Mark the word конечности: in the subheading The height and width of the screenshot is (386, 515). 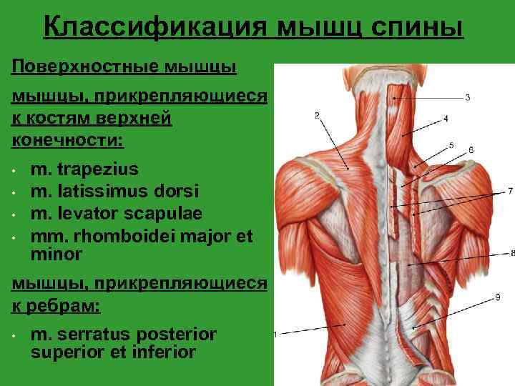(67, 138)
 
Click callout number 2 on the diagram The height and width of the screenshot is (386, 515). (316, 115)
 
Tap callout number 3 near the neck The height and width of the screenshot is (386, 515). (467, 97)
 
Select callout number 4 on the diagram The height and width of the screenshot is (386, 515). (446, 118)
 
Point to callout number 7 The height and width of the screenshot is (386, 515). (510, 191)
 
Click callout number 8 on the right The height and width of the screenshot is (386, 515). (512, 252)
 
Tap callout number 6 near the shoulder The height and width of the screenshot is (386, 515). (471, 150)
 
